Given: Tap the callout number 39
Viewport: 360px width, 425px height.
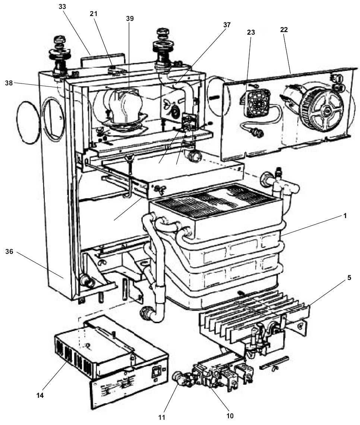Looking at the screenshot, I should point(130,19).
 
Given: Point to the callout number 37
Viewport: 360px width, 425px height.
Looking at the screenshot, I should point(227,25).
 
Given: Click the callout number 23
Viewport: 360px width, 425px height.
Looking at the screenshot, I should point(251,32).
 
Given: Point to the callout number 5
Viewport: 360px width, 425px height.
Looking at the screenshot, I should point(348,277).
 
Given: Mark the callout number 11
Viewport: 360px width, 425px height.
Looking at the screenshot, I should point(161,417).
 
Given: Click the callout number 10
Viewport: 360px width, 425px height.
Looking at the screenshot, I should point(230,415).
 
